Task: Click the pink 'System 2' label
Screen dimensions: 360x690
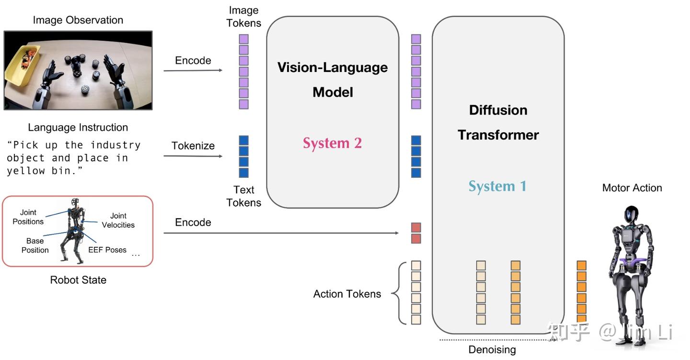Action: coord(332,143)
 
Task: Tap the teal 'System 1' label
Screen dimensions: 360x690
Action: coord(497,186)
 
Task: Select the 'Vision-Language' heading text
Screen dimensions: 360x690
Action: coord(333,67)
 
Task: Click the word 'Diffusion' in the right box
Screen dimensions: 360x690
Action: coord(498,110)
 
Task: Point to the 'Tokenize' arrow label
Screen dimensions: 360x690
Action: coord(193,146)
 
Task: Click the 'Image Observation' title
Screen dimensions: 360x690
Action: coord(78,20)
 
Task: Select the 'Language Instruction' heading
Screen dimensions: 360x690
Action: coord(78,128)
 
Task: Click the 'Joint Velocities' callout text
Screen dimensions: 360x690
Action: coord(118,221)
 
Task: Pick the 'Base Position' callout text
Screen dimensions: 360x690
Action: coord(35,245)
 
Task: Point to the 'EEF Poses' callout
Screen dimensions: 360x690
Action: coord(107,250)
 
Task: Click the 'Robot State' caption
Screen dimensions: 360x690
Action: coord(78,280)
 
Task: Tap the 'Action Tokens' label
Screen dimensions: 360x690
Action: coord(347,294)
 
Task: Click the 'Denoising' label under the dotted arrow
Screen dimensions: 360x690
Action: coord(492,349)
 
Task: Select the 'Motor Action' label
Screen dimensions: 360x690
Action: coord(632,188)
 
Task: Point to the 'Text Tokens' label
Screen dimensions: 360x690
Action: coord(244,196)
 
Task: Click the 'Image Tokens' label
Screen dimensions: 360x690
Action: coord(244,17)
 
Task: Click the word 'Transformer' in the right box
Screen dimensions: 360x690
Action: coord(498,135)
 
